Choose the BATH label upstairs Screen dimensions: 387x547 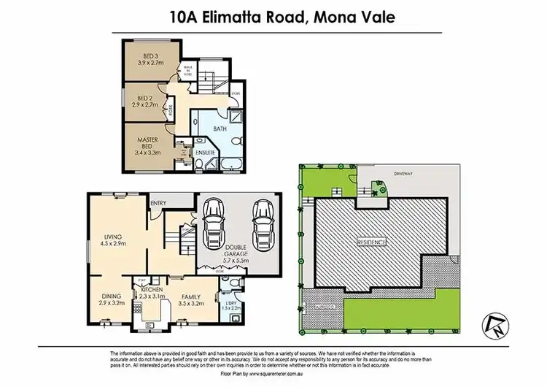[x=220, y=129]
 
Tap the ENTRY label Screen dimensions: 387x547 [x=158, y=203]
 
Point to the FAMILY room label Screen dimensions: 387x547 [x=193, y=296]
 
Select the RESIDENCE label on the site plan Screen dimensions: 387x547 [x=372, y=241]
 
